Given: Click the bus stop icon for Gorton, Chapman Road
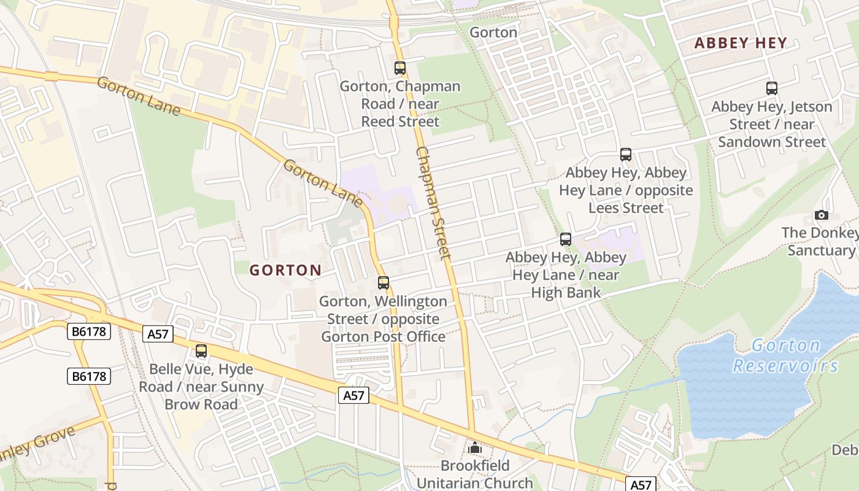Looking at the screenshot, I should point(400,68).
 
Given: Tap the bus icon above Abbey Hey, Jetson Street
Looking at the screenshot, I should point(772,88).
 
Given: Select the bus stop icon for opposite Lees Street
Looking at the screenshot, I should point(626,155).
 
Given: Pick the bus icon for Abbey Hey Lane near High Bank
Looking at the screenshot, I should point(566,239).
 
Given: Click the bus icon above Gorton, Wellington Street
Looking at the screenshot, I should point(383,283).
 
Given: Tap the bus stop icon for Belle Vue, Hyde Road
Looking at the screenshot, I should point(201,351).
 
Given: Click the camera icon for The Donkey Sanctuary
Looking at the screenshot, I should point(822,215).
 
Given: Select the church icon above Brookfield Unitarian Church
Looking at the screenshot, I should point(475,448).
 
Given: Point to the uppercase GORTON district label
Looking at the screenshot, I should point(285,270).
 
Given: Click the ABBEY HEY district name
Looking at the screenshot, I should point(741,43).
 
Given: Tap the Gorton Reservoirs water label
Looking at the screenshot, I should point(785,356).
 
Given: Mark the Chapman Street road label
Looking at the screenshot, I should point(434,203).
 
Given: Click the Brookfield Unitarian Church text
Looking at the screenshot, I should point(475,474).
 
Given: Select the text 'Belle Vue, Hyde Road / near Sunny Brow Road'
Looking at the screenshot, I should point(201,387).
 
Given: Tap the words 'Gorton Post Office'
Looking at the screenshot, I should point(383,336).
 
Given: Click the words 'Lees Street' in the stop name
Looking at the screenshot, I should point(626,207).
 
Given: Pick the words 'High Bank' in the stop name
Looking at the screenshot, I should point(566,293).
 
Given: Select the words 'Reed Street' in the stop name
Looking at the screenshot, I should point(400,122).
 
